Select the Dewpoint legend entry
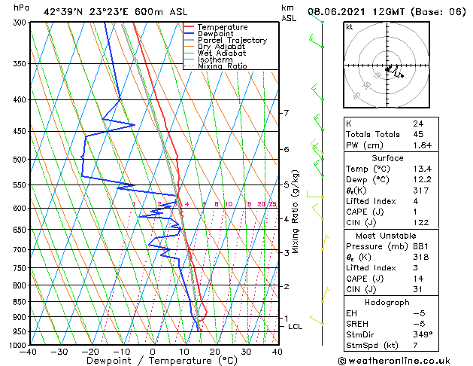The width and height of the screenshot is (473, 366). pyautogui.click(x=217, y=34)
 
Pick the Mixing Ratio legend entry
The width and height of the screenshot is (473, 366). pyautogui.click(x=222, y=66)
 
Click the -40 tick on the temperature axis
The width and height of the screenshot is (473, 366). pyautogui.click(x=29, y=352)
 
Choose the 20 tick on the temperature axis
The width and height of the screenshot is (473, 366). pyautogui.click(x=215, y=352)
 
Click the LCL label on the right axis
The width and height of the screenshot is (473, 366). pyautogui.click(x=295, y=326)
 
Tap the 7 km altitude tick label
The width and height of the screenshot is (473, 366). pyautogui.click(x=286, y=113)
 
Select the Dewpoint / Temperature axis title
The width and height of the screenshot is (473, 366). pyautogui.click(x=153, y=361)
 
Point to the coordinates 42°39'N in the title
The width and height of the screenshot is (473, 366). pyautogui.click(x=62, y=11)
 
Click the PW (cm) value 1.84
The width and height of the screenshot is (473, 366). pyautogui.click(x=421, y=145)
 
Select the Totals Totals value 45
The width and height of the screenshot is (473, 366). pyautogui.click(x=417, y=134)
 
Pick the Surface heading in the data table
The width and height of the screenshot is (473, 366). pyautogui.click(x=387, y=158)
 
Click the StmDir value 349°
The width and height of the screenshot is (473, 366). pyautogui.click(x=421, y=334)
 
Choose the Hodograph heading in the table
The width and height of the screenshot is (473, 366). pyautogui.click(x=387, y=302)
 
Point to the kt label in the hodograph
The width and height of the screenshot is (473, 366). pyautogui.click(x=349, y=27)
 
